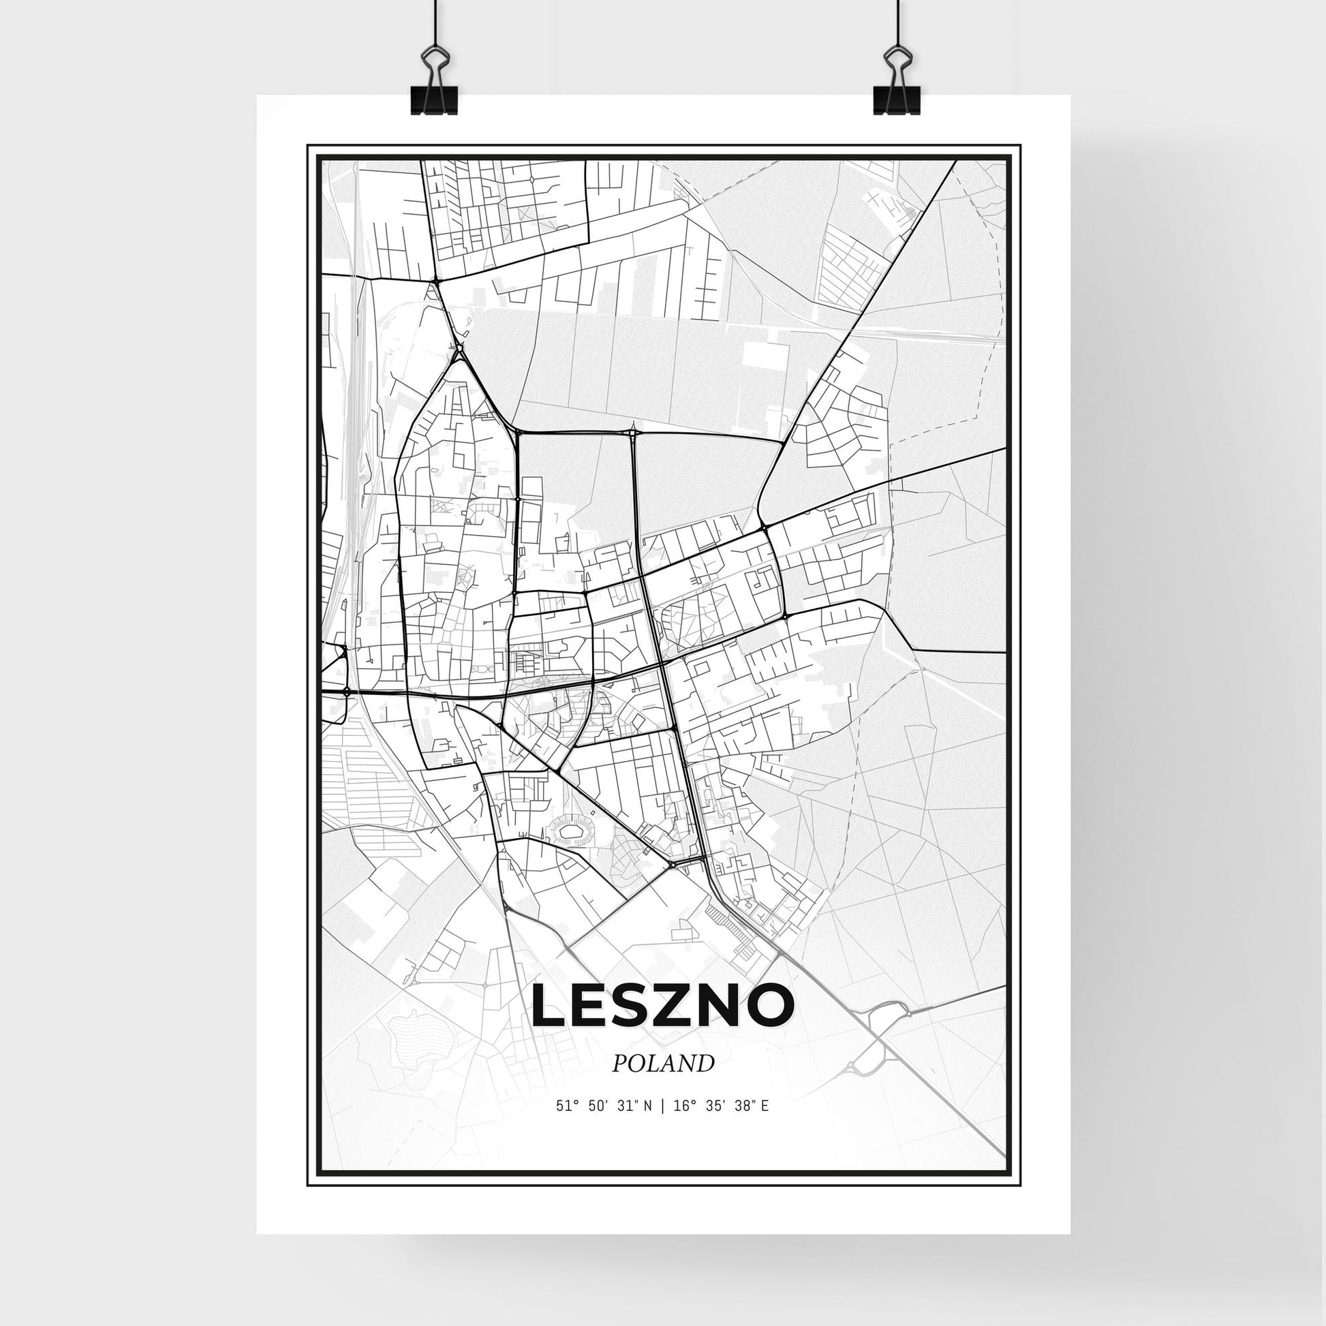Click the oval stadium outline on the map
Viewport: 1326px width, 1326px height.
click(x=570, y=833)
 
